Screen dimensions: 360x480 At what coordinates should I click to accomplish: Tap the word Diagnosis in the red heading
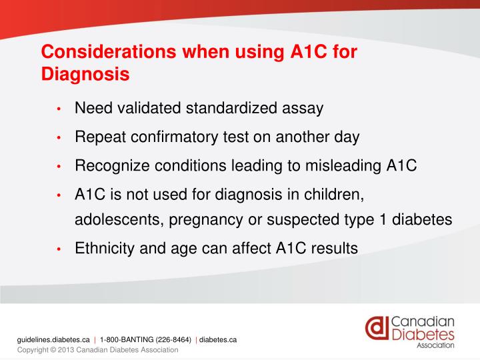85,74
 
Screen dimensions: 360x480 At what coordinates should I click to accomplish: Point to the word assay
305,109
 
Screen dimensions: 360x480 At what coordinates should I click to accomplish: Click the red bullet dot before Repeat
59,139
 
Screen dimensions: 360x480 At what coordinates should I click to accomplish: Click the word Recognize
109,166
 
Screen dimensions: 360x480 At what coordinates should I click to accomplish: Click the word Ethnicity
103,248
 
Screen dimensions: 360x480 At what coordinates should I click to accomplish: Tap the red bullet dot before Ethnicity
59,249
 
